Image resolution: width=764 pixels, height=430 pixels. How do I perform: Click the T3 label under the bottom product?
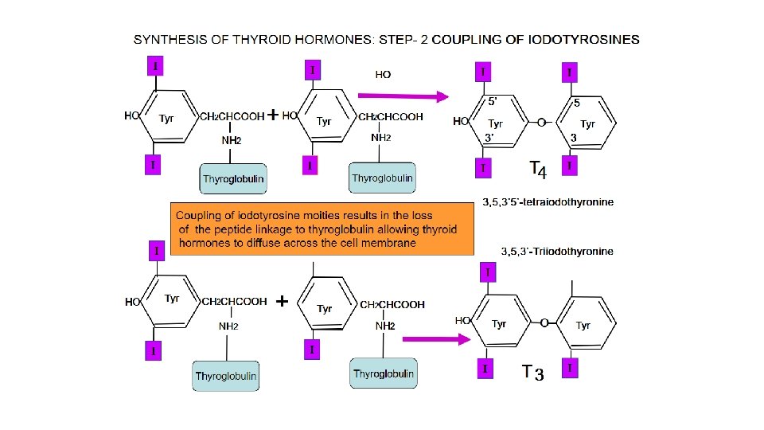click(532, 372)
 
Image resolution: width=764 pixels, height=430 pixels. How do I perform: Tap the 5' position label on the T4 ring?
click(493, 102)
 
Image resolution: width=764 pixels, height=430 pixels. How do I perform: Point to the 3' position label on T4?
click(493, 137)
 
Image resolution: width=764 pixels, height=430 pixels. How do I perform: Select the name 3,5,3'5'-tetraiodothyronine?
click(548, 202)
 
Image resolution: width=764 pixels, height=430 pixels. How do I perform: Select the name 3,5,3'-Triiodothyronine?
click(557, 252)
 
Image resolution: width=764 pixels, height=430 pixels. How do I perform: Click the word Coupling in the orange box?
click(199, 216)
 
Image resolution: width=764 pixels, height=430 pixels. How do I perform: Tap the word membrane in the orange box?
click(388, 243)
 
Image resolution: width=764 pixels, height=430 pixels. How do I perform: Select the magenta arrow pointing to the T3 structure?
click(434, 338)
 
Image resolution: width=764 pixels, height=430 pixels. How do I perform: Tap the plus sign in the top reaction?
click(272, 115)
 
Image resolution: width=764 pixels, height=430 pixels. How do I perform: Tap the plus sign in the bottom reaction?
click(281, 302)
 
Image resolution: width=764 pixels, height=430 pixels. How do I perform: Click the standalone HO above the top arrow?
click(383, 75)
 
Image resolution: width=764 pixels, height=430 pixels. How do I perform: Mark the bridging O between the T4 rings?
click(541, 123)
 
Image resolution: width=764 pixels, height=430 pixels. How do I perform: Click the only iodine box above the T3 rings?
click(487, 273)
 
